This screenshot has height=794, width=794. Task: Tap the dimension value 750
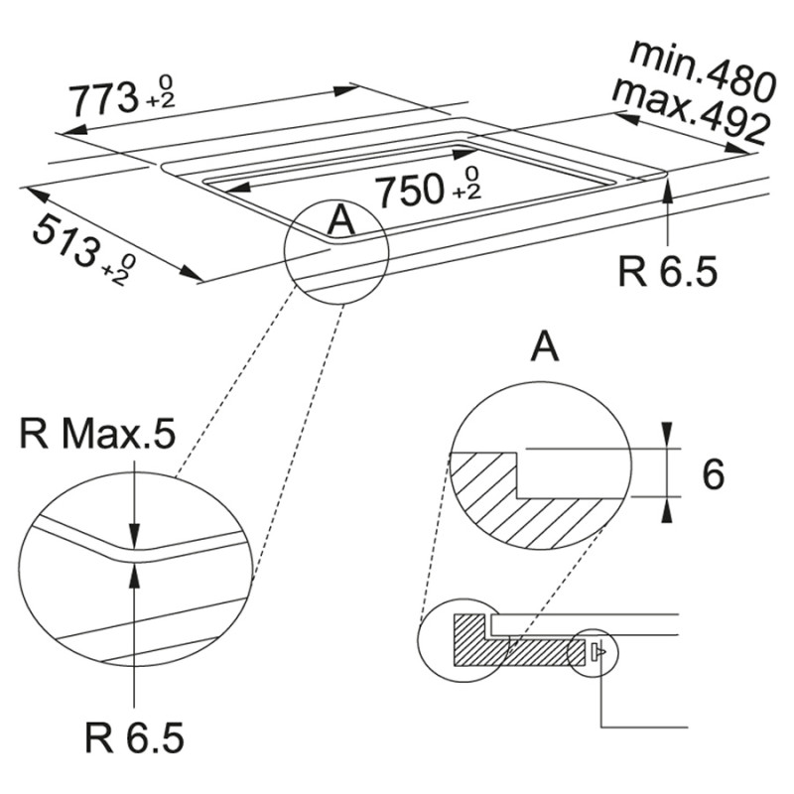407,190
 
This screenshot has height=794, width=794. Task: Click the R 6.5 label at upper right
666,270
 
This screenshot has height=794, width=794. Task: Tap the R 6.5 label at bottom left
135,737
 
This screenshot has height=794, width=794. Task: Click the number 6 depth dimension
712,474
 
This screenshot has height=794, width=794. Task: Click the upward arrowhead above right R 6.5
668,192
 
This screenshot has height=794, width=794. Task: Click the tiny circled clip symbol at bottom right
595,653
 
